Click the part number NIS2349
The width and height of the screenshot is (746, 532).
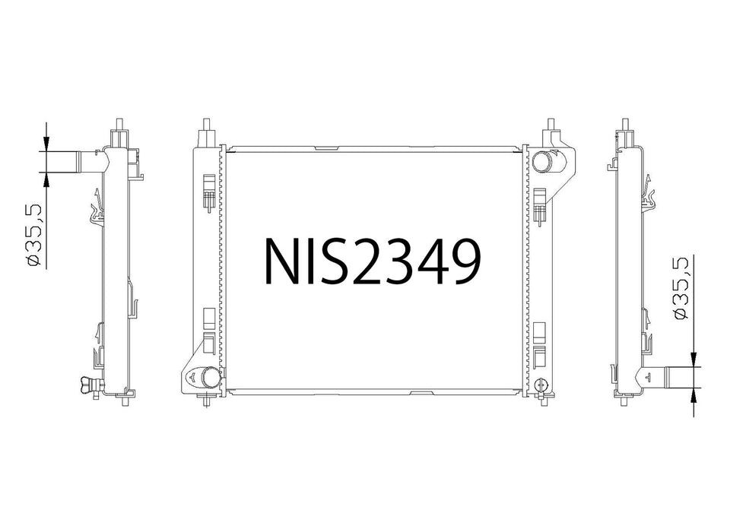(x=372, y=261)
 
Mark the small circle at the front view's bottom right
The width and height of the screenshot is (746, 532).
(x=541, y=384)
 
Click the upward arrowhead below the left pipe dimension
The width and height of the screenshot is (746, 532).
(x=46, y=179)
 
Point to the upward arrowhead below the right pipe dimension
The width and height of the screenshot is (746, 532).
(x=694, y=394)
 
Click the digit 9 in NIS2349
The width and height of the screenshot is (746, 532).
(x=459, y=261)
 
